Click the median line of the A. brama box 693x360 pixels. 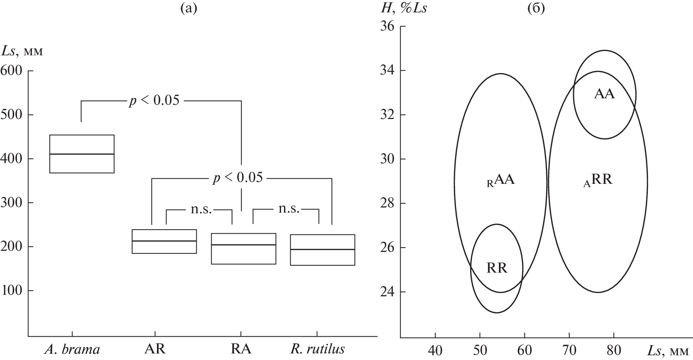click(82, 154)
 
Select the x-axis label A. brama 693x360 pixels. click(72, 349)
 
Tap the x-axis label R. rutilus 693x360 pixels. click(317, 349)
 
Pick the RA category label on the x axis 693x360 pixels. click(241, 349)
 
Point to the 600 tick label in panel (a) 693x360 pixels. click(12, 71)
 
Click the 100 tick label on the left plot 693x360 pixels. click(13, 291)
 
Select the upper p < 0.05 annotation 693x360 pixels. click(154, 101)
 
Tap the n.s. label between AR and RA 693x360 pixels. click(201, 210)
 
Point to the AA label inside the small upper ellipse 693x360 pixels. click(604, 94)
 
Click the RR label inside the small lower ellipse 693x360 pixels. click(497, 269)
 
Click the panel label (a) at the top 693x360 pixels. click(188, 8)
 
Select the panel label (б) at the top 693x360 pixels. click(536, 8)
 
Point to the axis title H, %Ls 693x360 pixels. click(403, 8)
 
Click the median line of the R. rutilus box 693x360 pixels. click(323, 249)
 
